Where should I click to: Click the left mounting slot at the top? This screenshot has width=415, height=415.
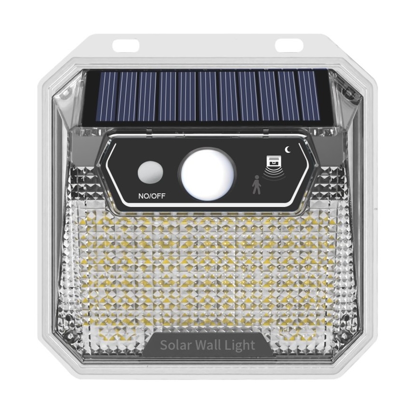coord(125,46)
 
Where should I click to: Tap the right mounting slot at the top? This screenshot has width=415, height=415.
coord(289,45)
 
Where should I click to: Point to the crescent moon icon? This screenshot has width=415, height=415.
coord(288,149)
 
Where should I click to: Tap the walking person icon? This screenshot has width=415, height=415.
coord(257,185)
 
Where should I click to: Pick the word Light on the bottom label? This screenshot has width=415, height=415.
coord(241,345)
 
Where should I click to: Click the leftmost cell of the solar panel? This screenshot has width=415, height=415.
coord(106,96)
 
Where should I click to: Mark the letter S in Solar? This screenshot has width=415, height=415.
coord(164,345)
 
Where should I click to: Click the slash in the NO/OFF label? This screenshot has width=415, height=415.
coord(147,196)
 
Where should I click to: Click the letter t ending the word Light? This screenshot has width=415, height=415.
coord(253,345)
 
